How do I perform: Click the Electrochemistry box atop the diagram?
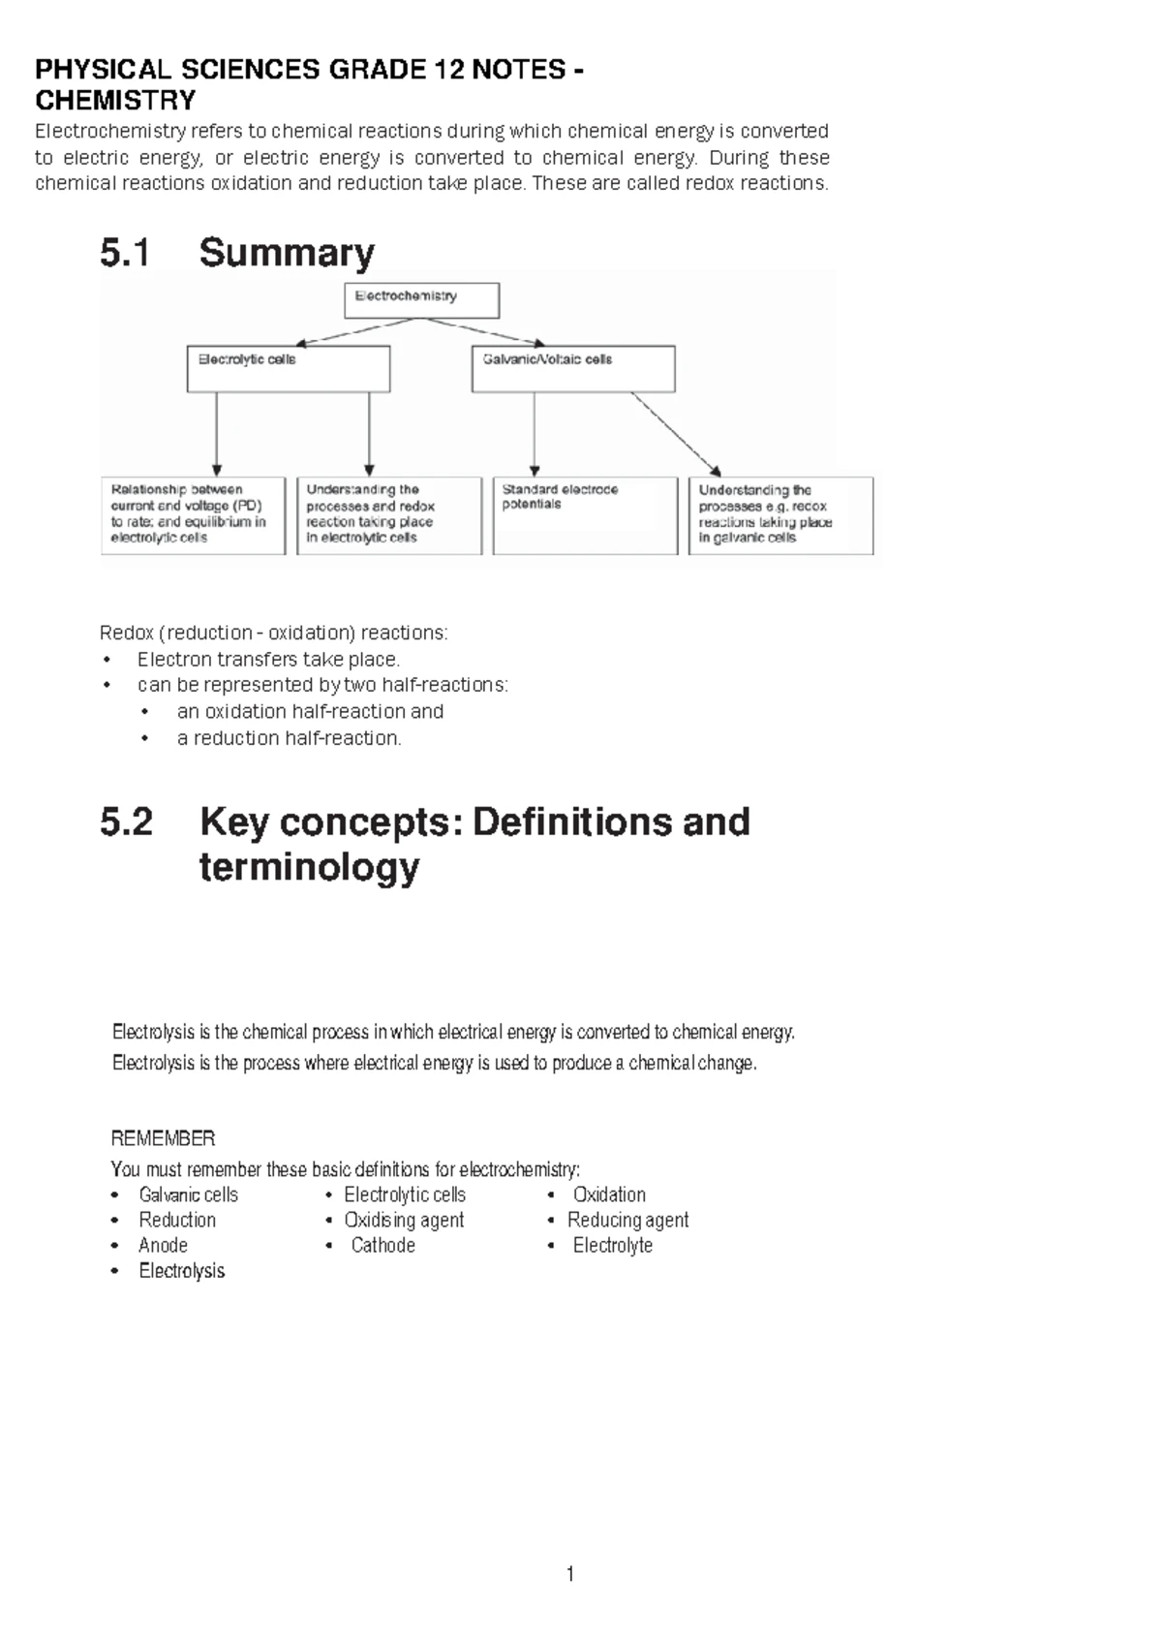[x=421, y=300]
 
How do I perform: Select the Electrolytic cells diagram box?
[x=288, y=369]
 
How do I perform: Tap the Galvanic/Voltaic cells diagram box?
[x=572, y=369]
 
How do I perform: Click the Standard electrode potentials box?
[x=585, y=515]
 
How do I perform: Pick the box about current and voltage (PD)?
[x=193, y=515]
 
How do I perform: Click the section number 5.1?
[x=125, y=254]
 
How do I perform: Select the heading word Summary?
[x=287, y=254]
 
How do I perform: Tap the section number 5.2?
[x=127, y=822]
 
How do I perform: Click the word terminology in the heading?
[x=309, y=866]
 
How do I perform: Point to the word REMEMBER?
[x=163, y=1138]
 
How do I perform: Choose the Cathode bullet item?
[x=382, y=1245]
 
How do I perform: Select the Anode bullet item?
[x=163, y=1245]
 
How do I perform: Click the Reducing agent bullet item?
[x=627, y=1220]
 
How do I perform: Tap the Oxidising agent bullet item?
[x=404, y=1220]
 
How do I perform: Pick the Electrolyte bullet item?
[x=612, y=1245]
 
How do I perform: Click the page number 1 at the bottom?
[x=570, y=1574]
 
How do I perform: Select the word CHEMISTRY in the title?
[x=115, y=101]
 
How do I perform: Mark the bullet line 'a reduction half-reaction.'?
[x=289, y=738]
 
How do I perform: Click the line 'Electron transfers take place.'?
[x=268, y=660]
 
